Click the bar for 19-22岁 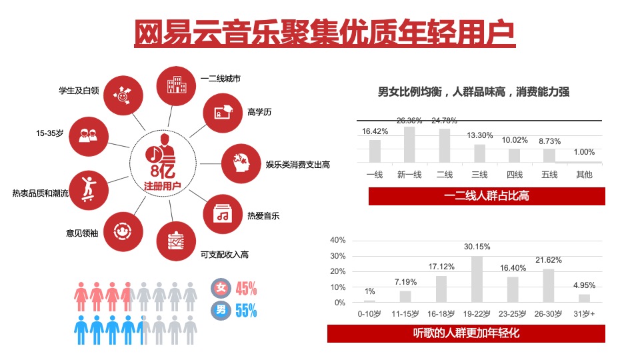tap(477, 279)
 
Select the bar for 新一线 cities tap(409, 145)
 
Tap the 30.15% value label tap(477, 247)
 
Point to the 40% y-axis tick tap(338, 240)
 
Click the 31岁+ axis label tap(584, 313)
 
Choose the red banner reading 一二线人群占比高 tap(487, 196)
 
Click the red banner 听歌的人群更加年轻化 tap(466, 333)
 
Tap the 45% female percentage tap(246, 289)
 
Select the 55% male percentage tap(246, 310)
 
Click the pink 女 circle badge tap(220, 289)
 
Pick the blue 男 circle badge tap(220, 310)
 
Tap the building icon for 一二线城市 tap(175, 83)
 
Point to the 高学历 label tap(259, 112)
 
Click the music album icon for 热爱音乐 tap(222, 214)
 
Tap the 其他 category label tap(584, 175)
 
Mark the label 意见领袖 tap(82, 233)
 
